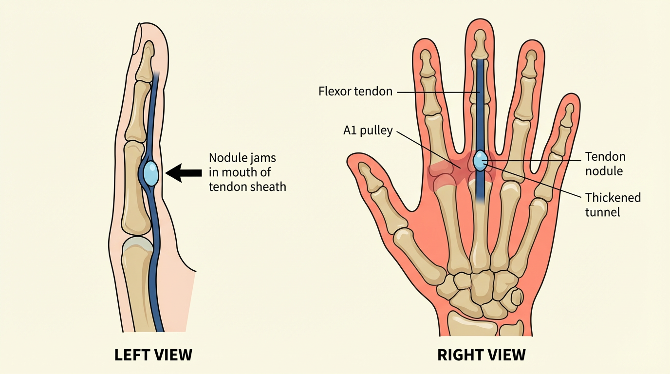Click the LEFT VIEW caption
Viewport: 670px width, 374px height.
pyautogui.click(x=153, y=355)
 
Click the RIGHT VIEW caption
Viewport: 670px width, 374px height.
pyautogui.click(x=482, y=355)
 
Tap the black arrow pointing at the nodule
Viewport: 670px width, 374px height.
pyautogui.click(x=184, y=173)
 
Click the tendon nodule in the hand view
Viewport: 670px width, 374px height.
pyautogui.click(x=480, y=161)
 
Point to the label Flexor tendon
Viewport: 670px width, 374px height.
pyautogui.click(x=355, y=91)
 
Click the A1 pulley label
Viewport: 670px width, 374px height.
pyautogui.click(x=367, y=131)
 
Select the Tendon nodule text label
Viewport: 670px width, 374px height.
pyautogui.click(x=605, y=164)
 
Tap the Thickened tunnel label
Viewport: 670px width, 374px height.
pyautogui.click(x=613, y=205)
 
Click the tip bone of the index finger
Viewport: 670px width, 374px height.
pyautogui.click(x=427, y=62)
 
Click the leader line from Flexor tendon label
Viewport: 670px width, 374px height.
pyautogui.click(x=436, y=92)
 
